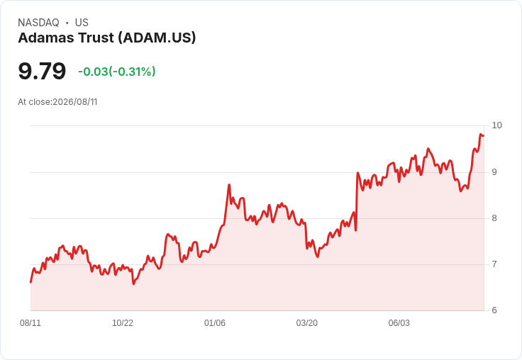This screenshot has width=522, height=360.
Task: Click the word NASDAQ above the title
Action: point(38,23)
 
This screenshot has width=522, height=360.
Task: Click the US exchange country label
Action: point(82,23)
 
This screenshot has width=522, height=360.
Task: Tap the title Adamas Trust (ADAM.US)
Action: point(107,38)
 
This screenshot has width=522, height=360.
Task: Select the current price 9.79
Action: point(42,71)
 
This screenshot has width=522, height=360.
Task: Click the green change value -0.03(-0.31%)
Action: point(117,72)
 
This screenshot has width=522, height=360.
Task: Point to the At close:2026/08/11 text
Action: point(57,102)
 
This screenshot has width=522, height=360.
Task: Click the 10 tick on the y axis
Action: point(496,125)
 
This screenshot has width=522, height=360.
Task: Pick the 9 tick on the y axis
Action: point(494,172)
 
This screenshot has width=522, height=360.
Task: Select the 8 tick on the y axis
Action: point(494,218)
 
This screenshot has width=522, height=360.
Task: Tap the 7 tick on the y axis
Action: point(494,264)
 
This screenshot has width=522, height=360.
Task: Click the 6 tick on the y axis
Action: point(494,310)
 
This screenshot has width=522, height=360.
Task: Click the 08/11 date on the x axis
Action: point(30,323)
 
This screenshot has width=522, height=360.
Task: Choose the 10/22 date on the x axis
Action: point(123,323)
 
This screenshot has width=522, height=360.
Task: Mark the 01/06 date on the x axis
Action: point(215,323)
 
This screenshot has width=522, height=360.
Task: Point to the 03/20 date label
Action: point(307,323)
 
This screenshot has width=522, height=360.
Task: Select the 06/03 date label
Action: point(399,323)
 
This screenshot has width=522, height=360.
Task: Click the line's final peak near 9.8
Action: point(481,134)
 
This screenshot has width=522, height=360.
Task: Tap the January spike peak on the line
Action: point(229,185)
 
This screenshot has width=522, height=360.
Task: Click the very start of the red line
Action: point(31,282)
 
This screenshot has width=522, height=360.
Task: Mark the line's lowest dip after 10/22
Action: point(133,283)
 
